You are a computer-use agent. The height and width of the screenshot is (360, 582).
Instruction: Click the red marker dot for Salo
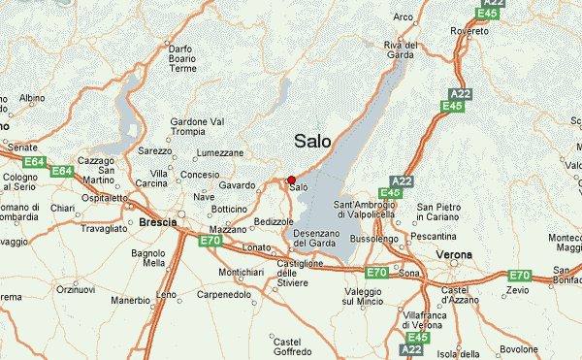point(291,180)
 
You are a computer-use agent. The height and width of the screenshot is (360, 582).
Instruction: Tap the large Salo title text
point(311,142)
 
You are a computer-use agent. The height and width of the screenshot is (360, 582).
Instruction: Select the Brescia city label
point(158,222)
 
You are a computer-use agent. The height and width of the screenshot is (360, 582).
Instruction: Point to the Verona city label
point(454,254)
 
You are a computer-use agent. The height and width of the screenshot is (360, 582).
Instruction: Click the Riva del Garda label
point(401,50)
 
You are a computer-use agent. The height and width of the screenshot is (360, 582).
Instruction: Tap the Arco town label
point(404,16)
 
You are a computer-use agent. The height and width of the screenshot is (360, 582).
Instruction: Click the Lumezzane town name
point(219,153)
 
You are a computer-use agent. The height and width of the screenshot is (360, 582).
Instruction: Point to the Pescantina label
point(434,236)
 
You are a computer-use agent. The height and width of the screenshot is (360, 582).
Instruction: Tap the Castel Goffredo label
point(287,347)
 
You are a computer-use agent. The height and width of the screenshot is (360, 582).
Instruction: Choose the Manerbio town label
point(131,301)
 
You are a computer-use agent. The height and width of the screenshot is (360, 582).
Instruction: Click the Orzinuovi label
point(75,289)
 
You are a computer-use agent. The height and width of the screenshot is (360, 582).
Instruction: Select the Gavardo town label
point(237,184)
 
